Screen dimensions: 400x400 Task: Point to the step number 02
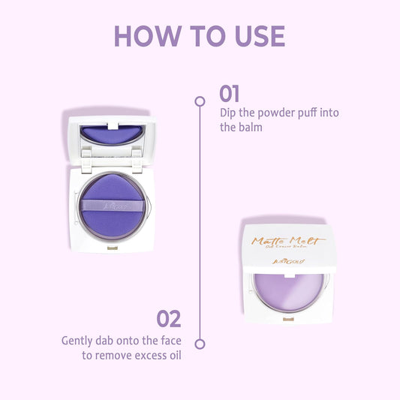click(170, 319)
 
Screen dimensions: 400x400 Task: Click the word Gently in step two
click(79, 340)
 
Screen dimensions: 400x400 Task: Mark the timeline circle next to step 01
click(200, 101)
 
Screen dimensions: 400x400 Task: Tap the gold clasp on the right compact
click(289, 320)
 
